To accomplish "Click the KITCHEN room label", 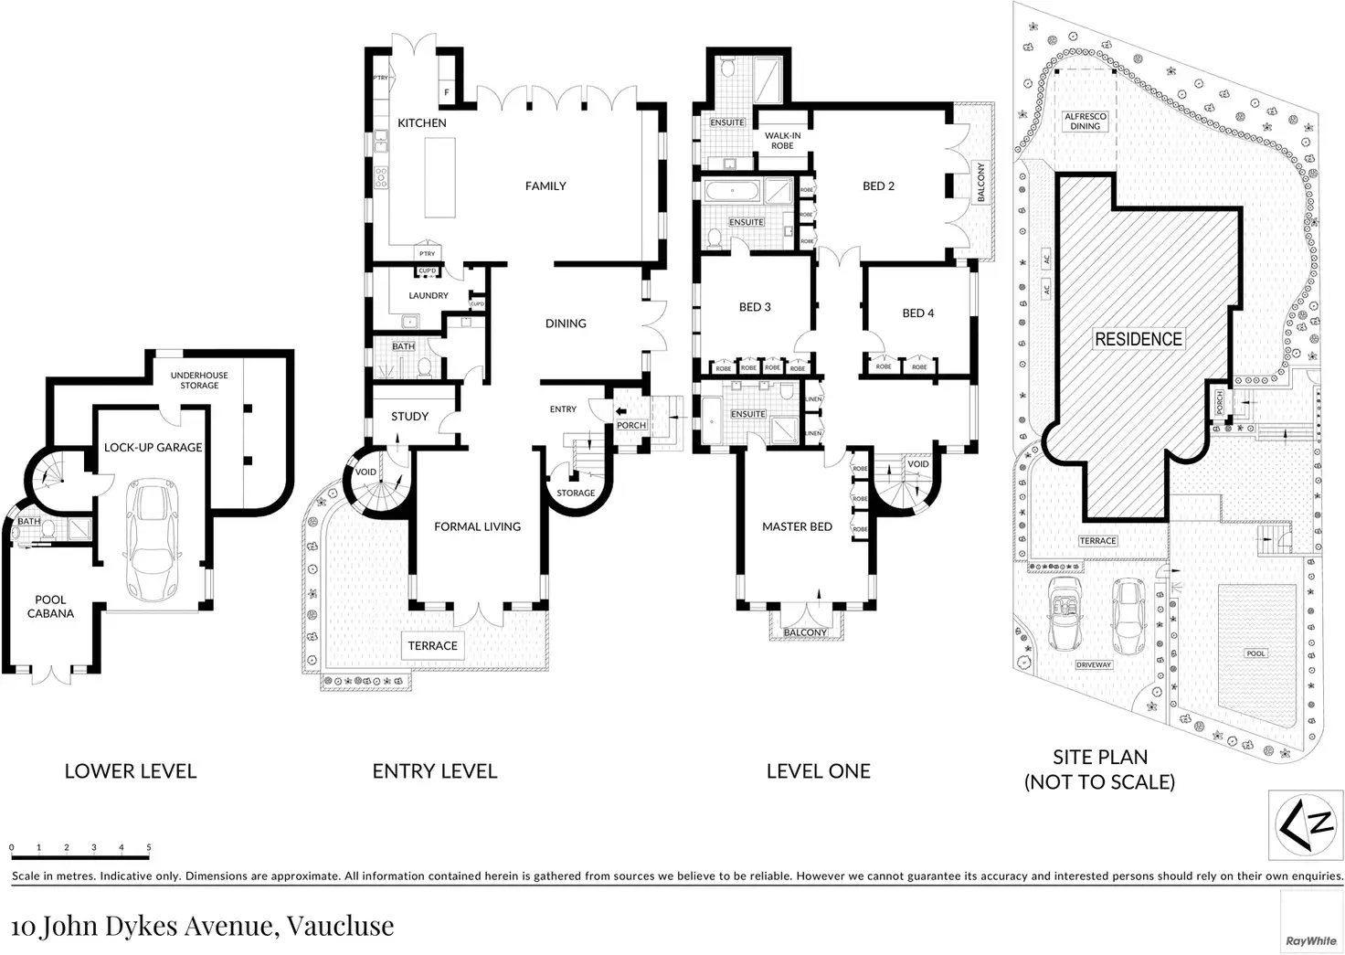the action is tap(422, 122).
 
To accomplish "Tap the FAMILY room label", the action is tap(545, 186).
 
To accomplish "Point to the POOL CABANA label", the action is tap(50, 607).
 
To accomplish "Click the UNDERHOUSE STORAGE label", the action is tap(199, 380).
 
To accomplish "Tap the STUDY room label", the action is tap(409, 416).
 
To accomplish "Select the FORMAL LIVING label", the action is tap(477, 526).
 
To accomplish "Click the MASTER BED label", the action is tap(797, 526).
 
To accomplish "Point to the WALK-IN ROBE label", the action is tap(782, 141).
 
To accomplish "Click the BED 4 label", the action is tap(918, 313).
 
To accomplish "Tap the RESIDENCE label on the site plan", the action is tap(1138, 339).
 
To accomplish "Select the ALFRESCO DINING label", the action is tap(1086, 122).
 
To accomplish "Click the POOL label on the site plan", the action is tap(1256, 653).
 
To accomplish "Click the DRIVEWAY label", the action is tap(1094, 664).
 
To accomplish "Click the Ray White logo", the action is tap(1311, 940).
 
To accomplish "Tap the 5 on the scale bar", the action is tap(149, 847).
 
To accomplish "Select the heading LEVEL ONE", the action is tap(818, 771).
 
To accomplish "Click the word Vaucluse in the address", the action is tap(340, 925).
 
